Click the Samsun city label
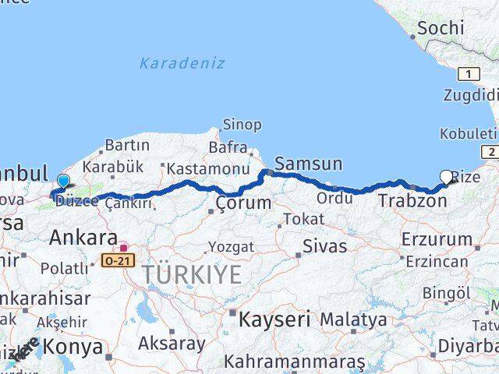[x=309, y=164]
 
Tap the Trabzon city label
[x=412, y=201]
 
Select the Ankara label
[x=83, y=238]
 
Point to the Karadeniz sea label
[x=182, y=63]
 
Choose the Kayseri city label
[x=274, y=319]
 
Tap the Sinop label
[x=242, y=125]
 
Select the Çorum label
[x=244, y=203]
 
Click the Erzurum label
[x=437, y=240]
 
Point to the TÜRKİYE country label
[x=191, y=273]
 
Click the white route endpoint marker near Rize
[x=446, y=177]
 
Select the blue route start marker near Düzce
[x=63, y=182]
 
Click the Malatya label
[x=353, y=319]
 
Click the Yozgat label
[x=231, y=247]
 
